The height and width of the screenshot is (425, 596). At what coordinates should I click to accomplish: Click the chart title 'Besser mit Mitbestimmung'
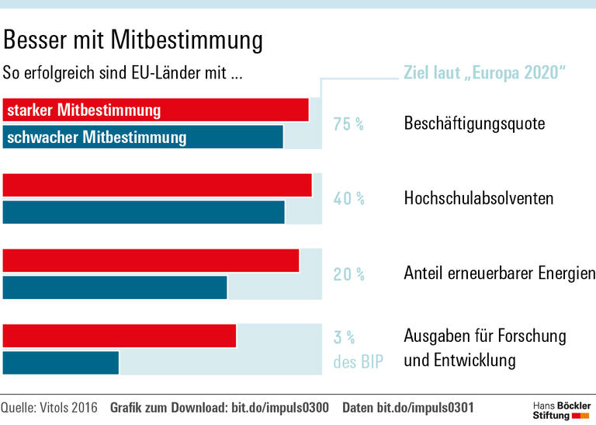tap(133, 40)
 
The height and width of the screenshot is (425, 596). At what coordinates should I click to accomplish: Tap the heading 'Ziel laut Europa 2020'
tap(484, 74)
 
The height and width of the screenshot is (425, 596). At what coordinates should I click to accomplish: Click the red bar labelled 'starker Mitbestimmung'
tap(155, 110)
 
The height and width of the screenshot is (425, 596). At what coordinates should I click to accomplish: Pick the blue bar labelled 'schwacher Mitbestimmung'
tap(143, 138)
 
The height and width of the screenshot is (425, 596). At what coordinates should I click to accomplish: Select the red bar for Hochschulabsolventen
tap(157, 186)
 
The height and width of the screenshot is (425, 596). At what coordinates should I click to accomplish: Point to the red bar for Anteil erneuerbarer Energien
tap(151, 261)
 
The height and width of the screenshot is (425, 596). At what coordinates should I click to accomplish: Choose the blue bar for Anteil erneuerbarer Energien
tap(115, 287)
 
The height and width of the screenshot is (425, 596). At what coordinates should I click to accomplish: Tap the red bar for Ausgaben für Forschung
tap(120, 336)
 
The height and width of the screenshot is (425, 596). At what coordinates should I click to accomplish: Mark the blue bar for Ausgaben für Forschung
tap(61, 362)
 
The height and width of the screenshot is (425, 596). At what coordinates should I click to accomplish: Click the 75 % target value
tap(348, 124)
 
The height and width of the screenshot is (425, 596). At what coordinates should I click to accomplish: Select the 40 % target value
tap(348, 199)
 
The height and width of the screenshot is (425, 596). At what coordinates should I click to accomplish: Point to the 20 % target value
tap(348, 274)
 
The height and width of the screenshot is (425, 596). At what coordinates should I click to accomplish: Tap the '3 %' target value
tap(344, 337)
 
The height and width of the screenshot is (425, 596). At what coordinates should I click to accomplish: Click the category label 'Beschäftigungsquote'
tap(474, 124)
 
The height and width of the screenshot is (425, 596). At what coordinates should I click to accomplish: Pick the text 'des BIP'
tap(358, 362)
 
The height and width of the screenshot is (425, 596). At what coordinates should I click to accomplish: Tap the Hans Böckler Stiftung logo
tap(560, 410)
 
